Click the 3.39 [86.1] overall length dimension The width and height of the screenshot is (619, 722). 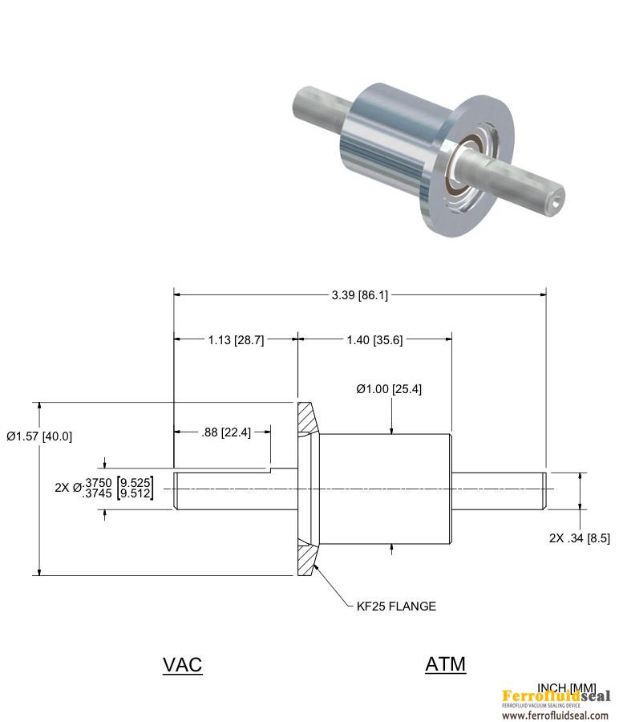359,295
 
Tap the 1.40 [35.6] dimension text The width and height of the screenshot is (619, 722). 374,340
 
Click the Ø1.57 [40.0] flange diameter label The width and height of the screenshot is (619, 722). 39,436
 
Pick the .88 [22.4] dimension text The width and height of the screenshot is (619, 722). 225,432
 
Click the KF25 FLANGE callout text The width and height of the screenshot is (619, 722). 396,606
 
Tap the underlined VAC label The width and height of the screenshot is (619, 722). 182,665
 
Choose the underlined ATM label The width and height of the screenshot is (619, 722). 445,664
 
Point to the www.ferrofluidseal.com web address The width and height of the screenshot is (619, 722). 556,716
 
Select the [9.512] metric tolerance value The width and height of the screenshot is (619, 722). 136,494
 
